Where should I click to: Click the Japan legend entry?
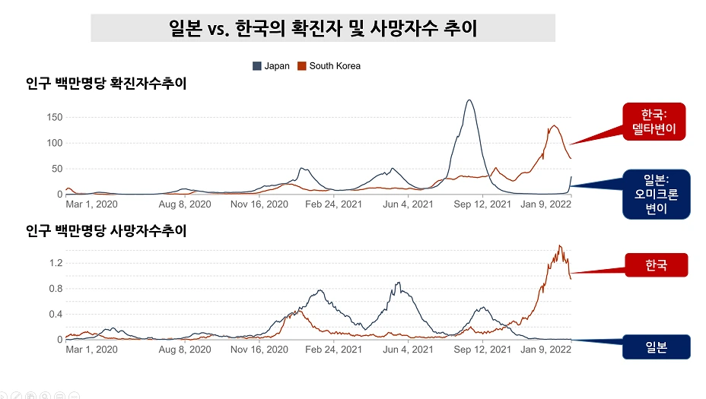tap(272, 66)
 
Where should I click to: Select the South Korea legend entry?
tap(329, 66)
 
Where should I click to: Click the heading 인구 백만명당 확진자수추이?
tap(106, 84)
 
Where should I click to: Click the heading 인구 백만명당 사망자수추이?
tap(106, 230)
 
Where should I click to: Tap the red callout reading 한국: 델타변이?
tap(654, 122)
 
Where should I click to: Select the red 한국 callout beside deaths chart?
tap(655, 265)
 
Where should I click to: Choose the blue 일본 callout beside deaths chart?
tap(655, 347)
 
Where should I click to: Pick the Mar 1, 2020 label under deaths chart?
tap(91, 350)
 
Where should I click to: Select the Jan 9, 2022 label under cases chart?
tap(545, 204)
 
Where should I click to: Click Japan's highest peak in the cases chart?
tap(469, 100)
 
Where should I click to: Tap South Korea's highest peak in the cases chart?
tap(554, 125)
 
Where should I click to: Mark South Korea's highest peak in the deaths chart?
tap(559, 245)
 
